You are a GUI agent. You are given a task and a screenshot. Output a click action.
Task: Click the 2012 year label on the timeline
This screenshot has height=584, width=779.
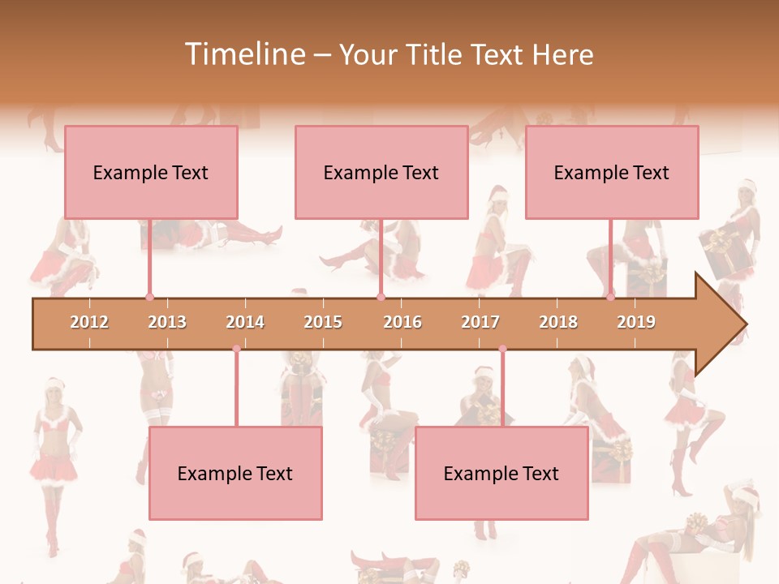pos(89,322)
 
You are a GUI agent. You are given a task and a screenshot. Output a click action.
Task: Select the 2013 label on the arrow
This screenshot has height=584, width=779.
pos(167,322)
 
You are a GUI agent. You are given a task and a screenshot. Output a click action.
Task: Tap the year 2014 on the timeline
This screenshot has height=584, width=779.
pos(245,322)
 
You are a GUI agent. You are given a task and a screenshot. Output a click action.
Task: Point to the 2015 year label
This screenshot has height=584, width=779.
pos(323,322)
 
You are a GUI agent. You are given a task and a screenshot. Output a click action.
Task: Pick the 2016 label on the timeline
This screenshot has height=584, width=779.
pos(402,322)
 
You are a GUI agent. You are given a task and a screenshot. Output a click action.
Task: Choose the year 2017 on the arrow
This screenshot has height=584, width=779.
pos(480,322)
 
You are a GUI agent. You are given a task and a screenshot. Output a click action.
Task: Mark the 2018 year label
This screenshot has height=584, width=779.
pos(558,322)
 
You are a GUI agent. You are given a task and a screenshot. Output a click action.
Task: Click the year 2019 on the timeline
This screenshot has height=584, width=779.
pos(636,322)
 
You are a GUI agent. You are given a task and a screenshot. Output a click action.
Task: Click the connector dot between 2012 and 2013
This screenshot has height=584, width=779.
pos(149,297)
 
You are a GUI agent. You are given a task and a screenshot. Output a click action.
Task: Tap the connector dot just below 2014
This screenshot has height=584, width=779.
pos(236,349)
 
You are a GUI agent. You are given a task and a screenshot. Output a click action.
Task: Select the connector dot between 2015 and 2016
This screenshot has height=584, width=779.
pos(381,297)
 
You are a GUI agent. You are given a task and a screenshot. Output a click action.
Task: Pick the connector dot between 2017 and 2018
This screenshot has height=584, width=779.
pos(502,349)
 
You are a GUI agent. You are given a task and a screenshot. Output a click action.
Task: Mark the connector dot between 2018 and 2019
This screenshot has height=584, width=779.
pos(610,297)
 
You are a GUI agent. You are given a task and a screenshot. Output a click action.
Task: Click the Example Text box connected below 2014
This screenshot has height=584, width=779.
pos(235,474)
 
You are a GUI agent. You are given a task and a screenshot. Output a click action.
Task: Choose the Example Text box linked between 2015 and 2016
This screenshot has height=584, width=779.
pos(381,172)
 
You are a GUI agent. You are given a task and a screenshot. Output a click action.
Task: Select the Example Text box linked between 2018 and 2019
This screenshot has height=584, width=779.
pos(612,172)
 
